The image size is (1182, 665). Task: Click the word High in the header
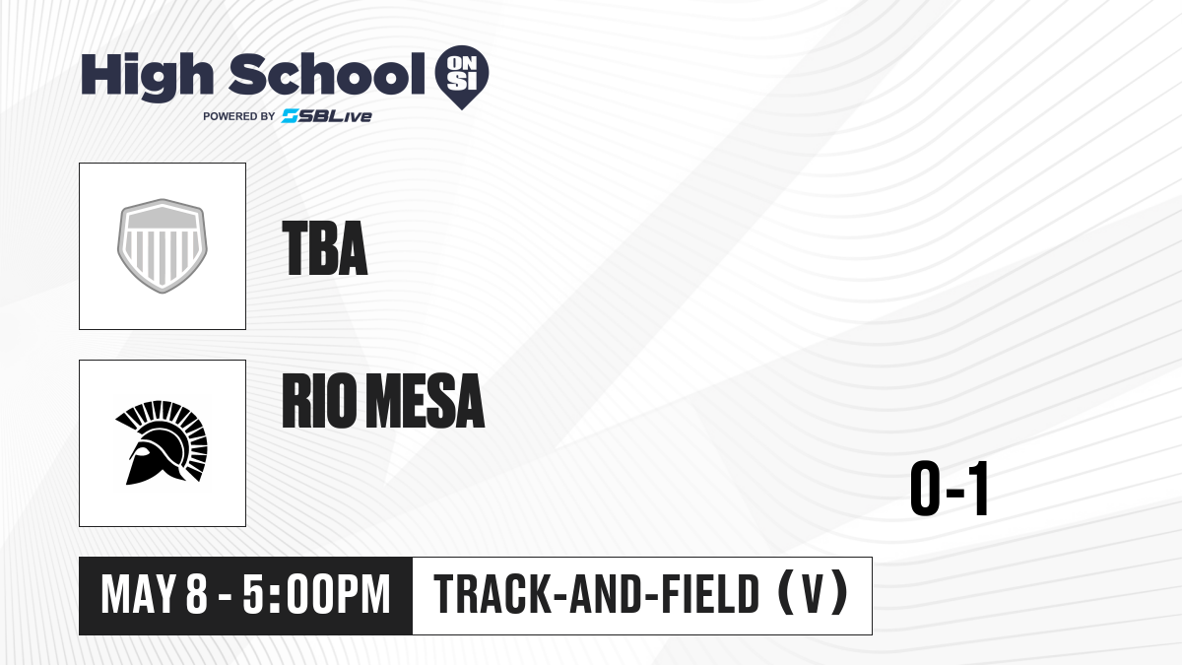click(x=147, y=77)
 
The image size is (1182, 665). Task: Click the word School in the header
click(x=327, y=74)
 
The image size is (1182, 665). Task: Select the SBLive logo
click(x=326, y=116)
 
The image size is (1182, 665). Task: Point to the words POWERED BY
click(x=239, y=116)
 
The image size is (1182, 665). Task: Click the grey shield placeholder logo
click(x=162, y=246)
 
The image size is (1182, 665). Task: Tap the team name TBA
click(x=324, y=248)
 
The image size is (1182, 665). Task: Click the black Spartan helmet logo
click(x=162, y=442)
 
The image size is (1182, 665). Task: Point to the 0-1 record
click(x=950, y=489)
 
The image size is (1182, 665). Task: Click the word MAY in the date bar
click(x=138, y=595)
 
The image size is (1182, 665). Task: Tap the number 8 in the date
click(x=197, y=595)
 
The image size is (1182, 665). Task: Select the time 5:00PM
click(x=316, y=595)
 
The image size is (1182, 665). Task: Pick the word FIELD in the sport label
click(x=710, y=594)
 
